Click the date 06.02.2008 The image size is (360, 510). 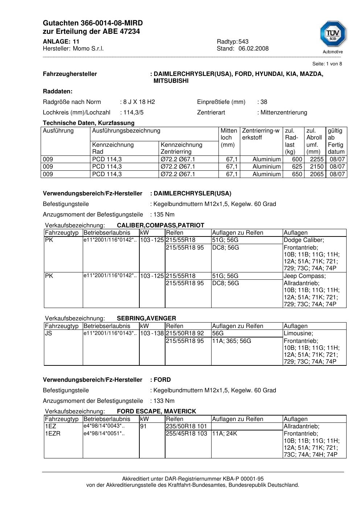coord(253,49)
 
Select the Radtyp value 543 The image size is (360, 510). coord(244,42)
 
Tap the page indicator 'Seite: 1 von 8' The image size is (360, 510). coord(327,64)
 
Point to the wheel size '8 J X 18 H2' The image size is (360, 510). coord(139,102)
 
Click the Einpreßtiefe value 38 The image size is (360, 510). coord(264,102)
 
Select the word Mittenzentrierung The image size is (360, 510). coord(284,113)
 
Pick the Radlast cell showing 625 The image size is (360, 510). coord(297,167)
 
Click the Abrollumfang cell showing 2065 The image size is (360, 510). coord(316,174)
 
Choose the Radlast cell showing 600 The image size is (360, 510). coord(297,159)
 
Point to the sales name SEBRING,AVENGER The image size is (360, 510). coord(146,318)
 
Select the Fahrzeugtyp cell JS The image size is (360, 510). coord(49,333)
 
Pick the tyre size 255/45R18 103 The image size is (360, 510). coord(186,434)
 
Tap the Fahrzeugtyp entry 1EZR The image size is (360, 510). coord(53,434)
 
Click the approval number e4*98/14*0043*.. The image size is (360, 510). coord(104,426)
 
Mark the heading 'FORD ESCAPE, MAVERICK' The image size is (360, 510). coord(156,412)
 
